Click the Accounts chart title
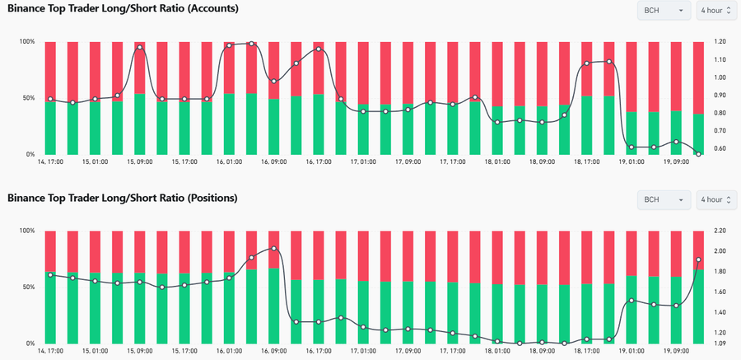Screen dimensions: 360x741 pyautogui.click(x=123, y=9)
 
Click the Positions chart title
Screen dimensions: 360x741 pyautogui.click(x=123, y=198)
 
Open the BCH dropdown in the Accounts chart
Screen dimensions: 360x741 pyautogui.click(x=664, y=10)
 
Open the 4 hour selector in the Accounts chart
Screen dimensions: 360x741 pyautogui.click(x=714, y=10)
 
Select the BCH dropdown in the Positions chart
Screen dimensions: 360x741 pyautogui.click(x=664, y=199)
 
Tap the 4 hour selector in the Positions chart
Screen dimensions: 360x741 pyautogui.click(x=714, y=199)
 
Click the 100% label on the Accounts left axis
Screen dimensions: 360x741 pyautogui.click(x=27, y=41)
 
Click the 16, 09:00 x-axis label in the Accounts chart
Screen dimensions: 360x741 pyautogui.click(x=273, y=162)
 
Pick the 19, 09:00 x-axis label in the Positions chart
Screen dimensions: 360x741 pyautogui.click(x=676, y=351)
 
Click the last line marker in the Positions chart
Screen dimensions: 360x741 pyautogui.click(x=698, y=259)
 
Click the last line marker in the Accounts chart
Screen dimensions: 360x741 pyautogui.click(x=698, y=154)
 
